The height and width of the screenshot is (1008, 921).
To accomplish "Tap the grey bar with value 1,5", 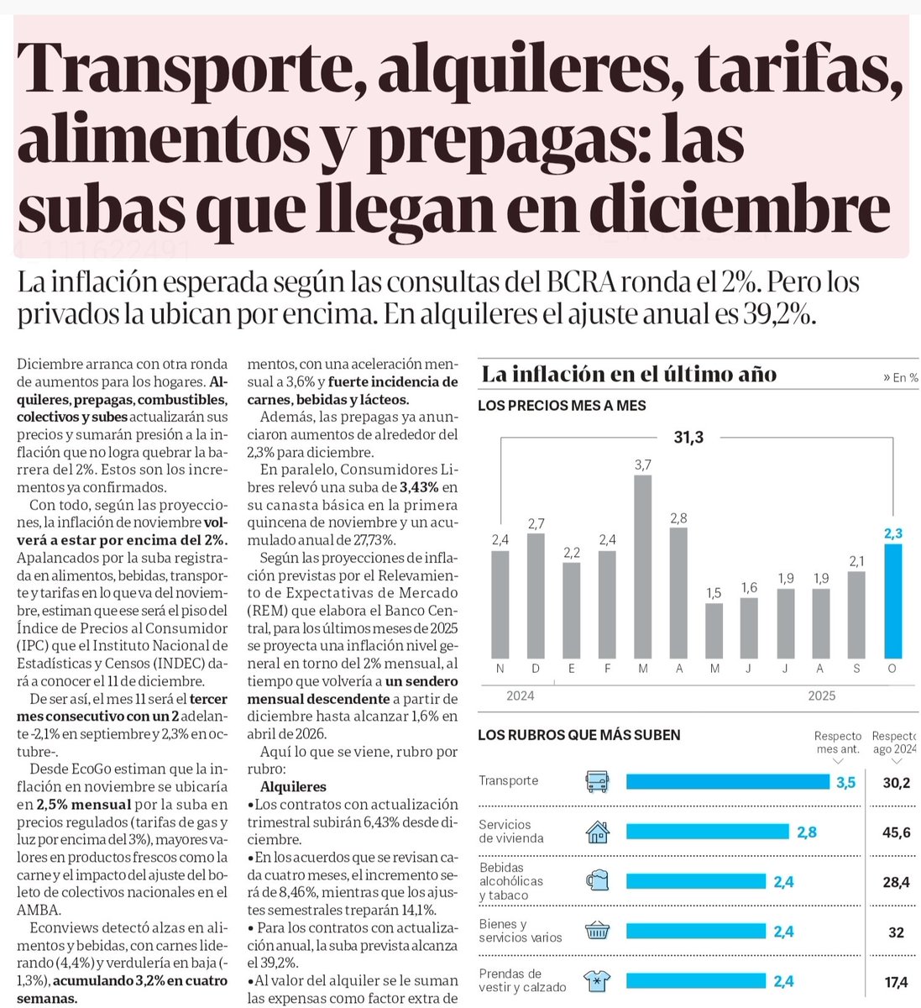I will [714, 630].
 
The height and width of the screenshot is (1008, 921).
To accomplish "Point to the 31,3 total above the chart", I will [688, 437].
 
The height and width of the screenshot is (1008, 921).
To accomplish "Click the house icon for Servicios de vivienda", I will [598, 832].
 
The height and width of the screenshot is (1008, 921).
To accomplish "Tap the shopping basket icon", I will [598, 931].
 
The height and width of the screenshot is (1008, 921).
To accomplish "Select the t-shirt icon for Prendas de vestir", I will [598, 980].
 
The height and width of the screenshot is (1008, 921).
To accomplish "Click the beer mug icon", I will [598, 881].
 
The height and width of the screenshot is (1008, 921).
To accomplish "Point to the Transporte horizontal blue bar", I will [727, 782].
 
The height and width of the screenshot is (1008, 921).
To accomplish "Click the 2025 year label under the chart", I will [821, 696].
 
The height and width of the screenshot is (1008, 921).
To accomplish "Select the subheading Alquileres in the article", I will [293, 787].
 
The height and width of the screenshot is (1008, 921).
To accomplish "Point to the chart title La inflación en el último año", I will [629, 375].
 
